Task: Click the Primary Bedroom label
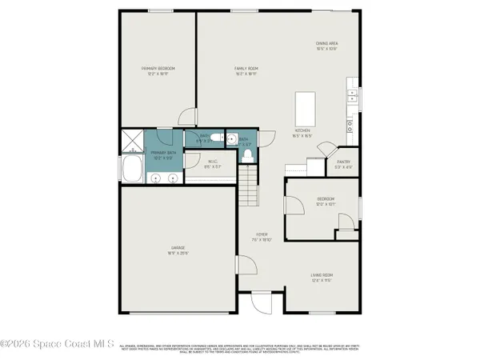[x=158, y=72]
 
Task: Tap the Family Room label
[x=246, y=72]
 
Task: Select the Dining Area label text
[x=326, y=46]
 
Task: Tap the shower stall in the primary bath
[x=130, y=141]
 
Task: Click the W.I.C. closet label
[x=212, y=166]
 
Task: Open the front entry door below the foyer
[x=262, y=302]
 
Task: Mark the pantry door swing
[x=325, y=150]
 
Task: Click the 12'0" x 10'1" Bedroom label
[x=325, y=201]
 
